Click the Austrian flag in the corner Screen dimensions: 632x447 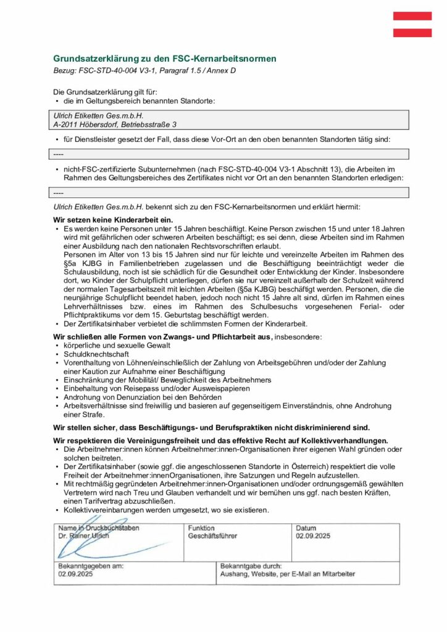point(412,25)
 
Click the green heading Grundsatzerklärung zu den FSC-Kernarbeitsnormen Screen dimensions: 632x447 point(165,59)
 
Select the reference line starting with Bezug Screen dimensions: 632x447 point(144,70)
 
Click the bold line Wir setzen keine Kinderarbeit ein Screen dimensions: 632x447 point(114,220)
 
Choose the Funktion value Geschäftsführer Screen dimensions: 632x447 point(212,536)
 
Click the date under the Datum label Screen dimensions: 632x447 point(313,536)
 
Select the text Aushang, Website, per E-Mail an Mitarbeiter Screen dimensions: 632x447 point(288,573)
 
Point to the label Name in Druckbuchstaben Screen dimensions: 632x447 point(98,528)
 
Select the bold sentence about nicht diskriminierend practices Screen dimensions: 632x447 point(212,427)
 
